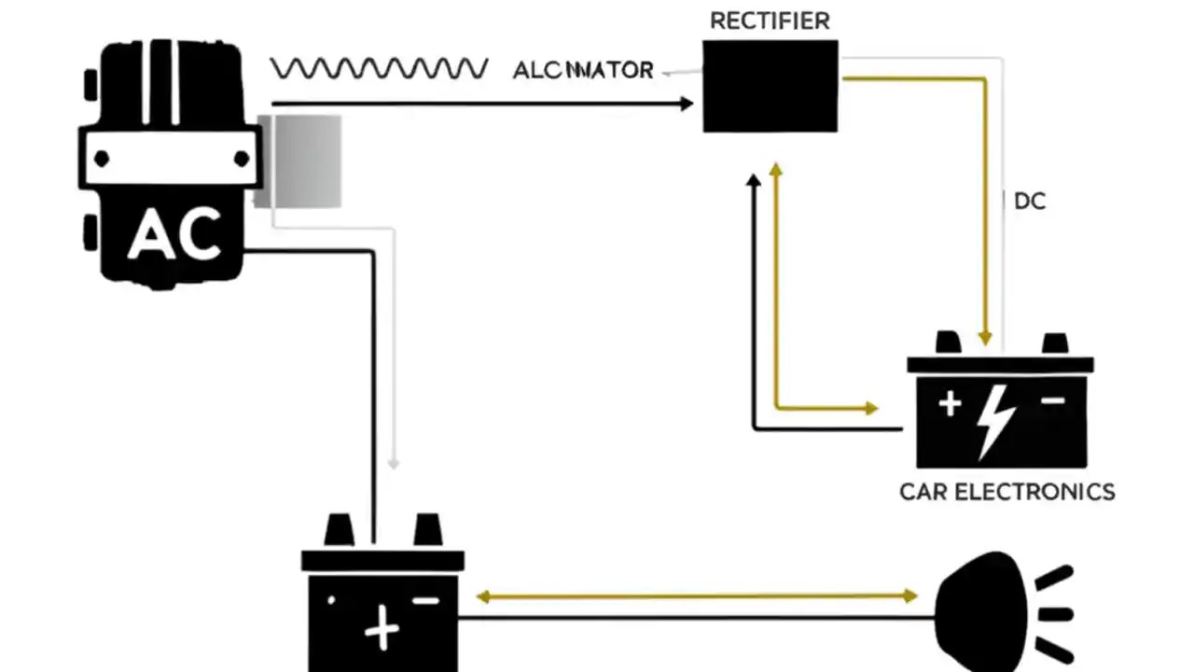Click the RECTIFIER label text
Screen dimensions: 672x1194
[x=770, y=21]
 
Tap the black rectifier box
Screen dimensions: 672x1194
[x=770, y=86]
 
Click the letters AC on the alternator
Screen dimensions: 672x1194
[x=174, y=234]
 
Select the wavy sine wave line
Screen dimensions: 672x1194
[x=379, y=68]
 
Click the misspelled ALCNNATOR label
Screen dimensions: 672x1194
[x=583, y=71]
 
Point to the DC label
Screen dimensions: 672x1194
[x=1030, y=202]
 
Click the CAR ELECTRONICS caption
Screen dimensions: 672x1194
[x=1007, y=492]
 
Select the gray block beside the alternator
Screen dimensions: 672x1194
[x=300, y=161]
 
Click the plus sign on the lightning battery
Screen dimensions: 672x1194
[x=950, y=403]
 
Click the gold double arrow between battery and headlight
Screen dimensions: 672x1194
[x=696, y=595]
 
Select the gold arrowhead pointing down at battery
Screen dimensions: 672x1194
[x=984, y=337]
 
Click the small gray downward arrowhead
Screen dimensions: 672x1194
[x=394, y=462]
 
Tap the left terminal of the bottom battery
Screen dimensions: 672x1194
[x=339, y=530]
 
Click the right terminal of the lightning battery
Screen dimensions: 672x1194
[x=1055, y=343]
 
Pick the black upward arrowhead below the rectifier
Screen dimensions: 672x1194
[x=755, y=178]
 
